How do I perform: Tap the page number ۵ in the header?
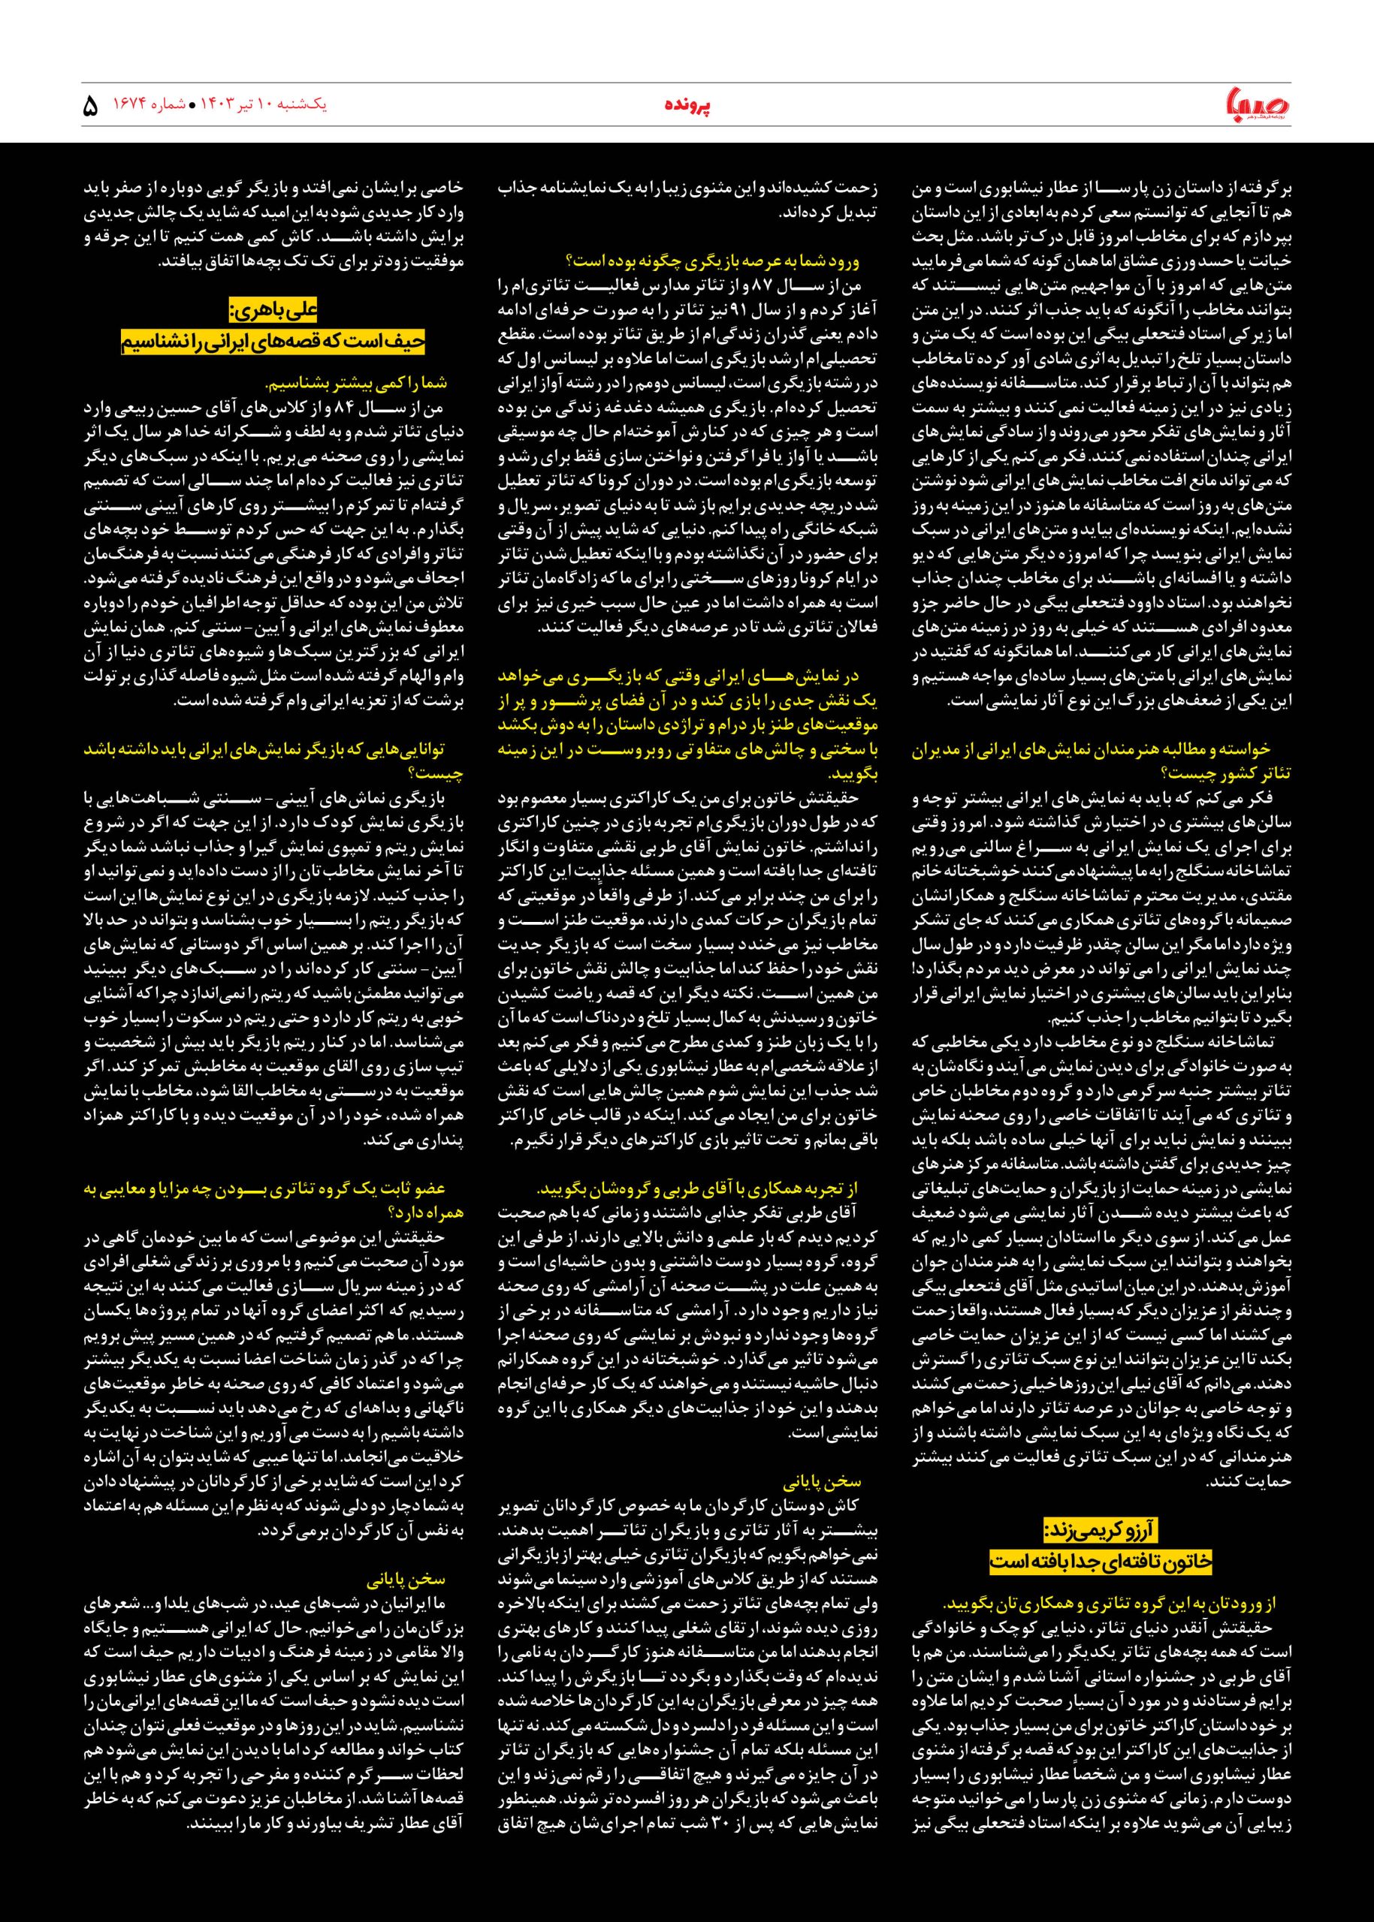pyautogui.click(x=92, y=107)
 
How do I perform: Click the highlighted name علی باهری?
pyautogui.click(x=273, y=310)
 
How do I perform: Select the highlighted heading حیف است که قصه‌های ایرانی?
pyautogui.click(x=273, y=342)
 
